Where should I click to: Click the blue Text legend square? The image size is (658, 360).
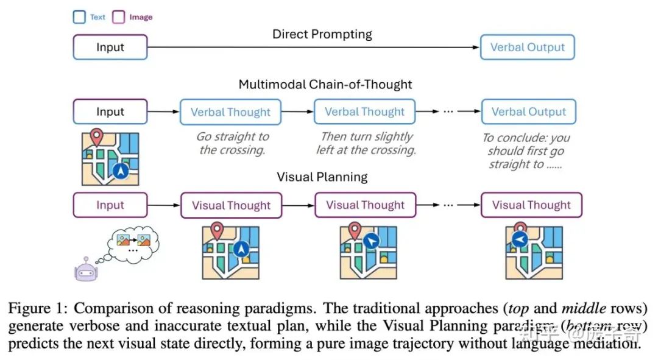pyautogui.click(x=79, y=17)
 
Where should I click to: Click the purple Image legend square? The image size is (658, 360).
pyautogui.click(x=119, y=17)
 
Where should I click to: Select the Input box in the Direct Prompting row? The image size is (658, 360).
pyautogui.click(x=110, y=47)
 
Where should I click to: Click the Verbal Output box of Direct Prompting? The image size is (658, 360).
pyautogui.click(x=527, y=47)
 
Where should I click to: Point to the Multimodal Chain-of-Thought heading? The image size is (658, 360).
pyautogui.click(x=325, y=84)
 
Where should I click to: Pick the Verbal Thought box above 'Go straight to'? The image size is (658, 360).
pyautogui.click(x=230, y=112)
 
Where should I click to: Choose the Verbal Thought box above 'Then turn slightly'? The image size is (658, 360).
pyautogui.click(x=364, y=112)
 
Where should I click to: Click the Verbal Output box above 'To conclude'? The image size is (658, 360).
pyautogui.click(x=528, y=112)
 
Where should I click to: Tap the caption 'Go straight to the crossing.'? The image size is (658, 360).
pyautogui.click(x=232, y=143)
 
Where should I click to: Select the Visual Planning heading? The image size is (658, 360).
pyautogui.click(x=322, y=177)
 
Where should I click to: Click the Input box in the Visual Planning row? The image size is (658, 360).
pyautogui.click(x=110, y=205)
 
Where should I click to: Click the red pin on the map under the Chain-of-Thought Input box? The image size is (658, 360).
pyautogui.click(x=96, y=136)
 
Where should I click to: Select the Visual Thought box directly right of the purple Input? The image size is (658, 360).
pyautogui.click(x=231, y=205)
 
